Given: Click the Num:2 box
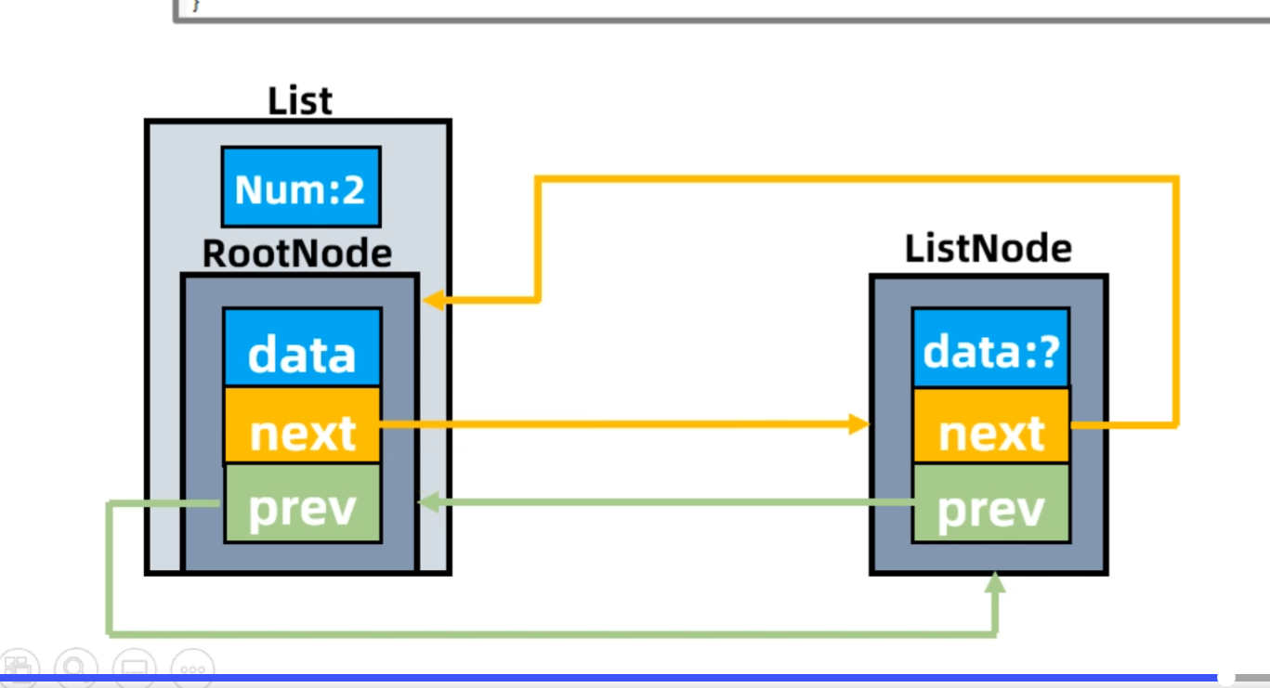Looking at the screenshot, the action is (x=301, y=187).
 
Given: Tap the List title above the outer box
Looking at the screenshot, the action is (x=300, y=101).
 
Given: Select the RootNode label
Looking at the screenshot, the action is (x=297, y=253).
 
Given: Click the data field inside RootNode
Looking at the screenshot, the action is (x=302, y=348).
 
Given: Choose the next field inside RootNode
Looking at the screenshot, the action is (x=302, y=426).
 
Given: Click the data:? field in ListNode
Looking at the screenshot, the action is (x=991, y=348).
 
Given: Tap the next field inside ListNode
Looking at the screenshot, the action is (x=991, y=426).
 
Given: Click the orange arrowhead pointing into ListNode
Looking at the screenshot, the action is (x=858, y=424).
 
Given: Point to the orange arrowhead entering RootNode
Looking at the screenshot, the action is (x=433, y=300).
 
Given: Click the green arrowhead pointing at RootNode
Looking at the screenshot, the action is (x=428, y=502).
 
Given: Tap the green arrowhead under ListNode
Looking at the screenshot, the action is (x=995, y=582).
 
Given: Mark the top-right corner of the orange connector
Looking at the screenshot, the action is (x=1176, y=179).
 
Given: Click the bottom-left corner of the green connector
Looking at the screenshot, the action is (x=110, y=633).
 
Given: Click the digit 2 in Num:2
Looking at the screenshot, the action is (x=353, y=189).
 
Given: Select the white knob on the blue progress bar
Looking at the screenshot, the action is (x=1226, y=677).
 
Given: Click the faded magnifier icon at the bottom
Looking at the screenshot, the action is (x=76, y=668).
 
